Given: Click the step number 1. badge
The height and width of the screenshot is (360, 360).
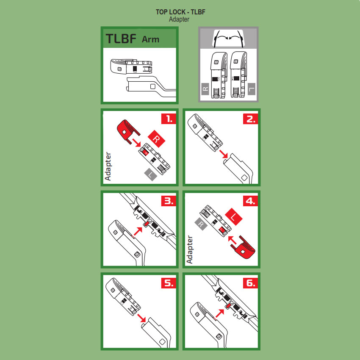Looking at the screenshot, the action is [x=169, y=119].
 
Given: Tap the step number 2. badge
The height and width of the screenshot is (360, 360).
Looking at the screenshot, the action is [x=250, y=119].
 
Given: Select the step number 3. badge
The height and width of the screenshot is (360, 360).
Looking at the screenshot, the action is [x=169, y=201].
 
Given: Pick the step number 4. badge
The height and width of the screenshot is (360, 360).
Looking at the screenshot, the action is [x=250, y=201].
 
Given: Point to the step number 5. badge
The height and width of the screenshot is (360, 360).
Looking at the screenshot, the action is [x=169, y=282].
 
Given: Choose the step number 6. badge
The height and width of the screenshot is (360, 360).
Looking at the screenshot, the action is [x=250, y=282].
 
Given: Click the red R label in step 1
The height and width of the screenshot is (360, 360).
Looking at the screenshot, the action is [x=156, y=139].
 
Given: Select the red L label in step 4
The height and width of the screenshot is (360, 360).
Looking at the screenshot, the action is [x=234, y=217].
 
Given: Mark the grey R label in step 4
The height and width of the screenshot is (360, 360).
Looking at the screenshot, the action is [x=201, y=224].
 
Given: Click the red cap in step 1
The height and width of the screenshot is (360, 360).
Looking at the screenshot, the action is [x=127, y=131].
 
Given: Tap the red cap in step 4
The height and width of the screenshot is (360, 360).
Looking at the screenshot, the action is [x=244, y=247].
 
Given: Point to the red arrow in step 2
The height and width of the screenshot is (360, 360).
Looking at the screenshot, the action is [x=223, y=154].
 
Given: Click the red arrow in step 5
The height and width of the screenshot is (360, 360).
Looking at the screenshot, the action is [x=141, y=318].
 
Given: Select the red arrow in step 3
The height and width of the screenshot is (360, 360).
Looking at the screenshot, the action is [x=138, y=231].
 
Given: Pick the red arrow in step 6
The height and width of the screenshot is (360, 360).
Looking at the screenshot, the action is [x=219, y=313].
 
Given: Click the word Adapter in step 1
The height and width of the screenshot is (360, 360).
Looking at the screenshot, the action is [x=108, y=166].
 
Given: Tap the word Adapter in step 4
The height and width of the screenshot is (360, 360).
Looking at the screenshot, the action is [x=190, y=249].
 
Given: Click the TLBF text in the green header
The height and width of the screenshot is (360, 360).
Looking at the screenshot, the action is [x=121, y=39].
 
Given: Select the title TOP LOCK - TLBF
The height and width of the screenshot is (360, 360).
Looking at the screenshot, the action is [x=180, y=12].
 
